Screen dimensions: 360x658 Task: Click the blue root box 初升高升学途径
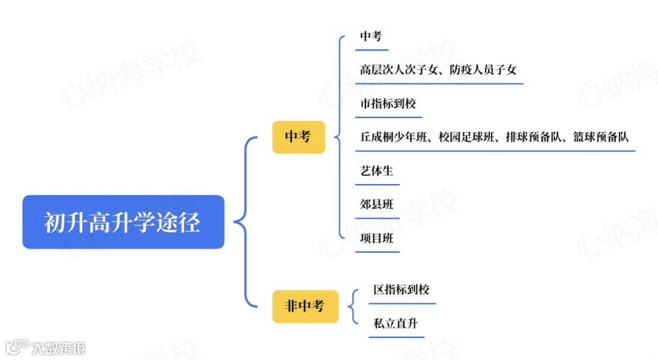click(123, 222)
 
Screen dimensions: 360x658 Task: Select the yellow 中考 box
click(298, 136)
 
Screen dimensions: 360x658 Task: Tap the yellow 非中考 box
click(305, 306)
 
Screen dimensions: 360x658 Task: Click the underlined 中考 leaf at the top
click(370, 36)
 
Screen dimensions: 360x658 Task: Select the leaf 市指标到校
click(387, 104)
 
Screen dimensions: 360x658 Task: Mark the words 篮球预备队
click(601, 137)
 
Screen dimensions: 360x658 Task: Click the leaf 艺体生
click(377, 171)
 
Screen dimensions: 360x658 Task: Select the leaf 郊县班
click(377, 205)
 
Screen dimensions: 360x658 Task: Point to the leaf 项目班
click(377, 238)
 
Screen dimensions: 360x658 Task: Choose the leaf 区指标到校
click(402, 289)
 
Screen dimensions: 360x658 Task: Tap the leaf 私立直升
click(395, 323)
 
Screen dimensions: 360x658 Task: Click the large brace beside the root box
click(244, 222)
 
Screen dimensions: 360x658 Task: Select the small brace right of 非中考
click(353, 306)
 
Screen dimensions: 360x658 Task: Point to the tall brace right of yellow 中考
click(339, 137)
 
